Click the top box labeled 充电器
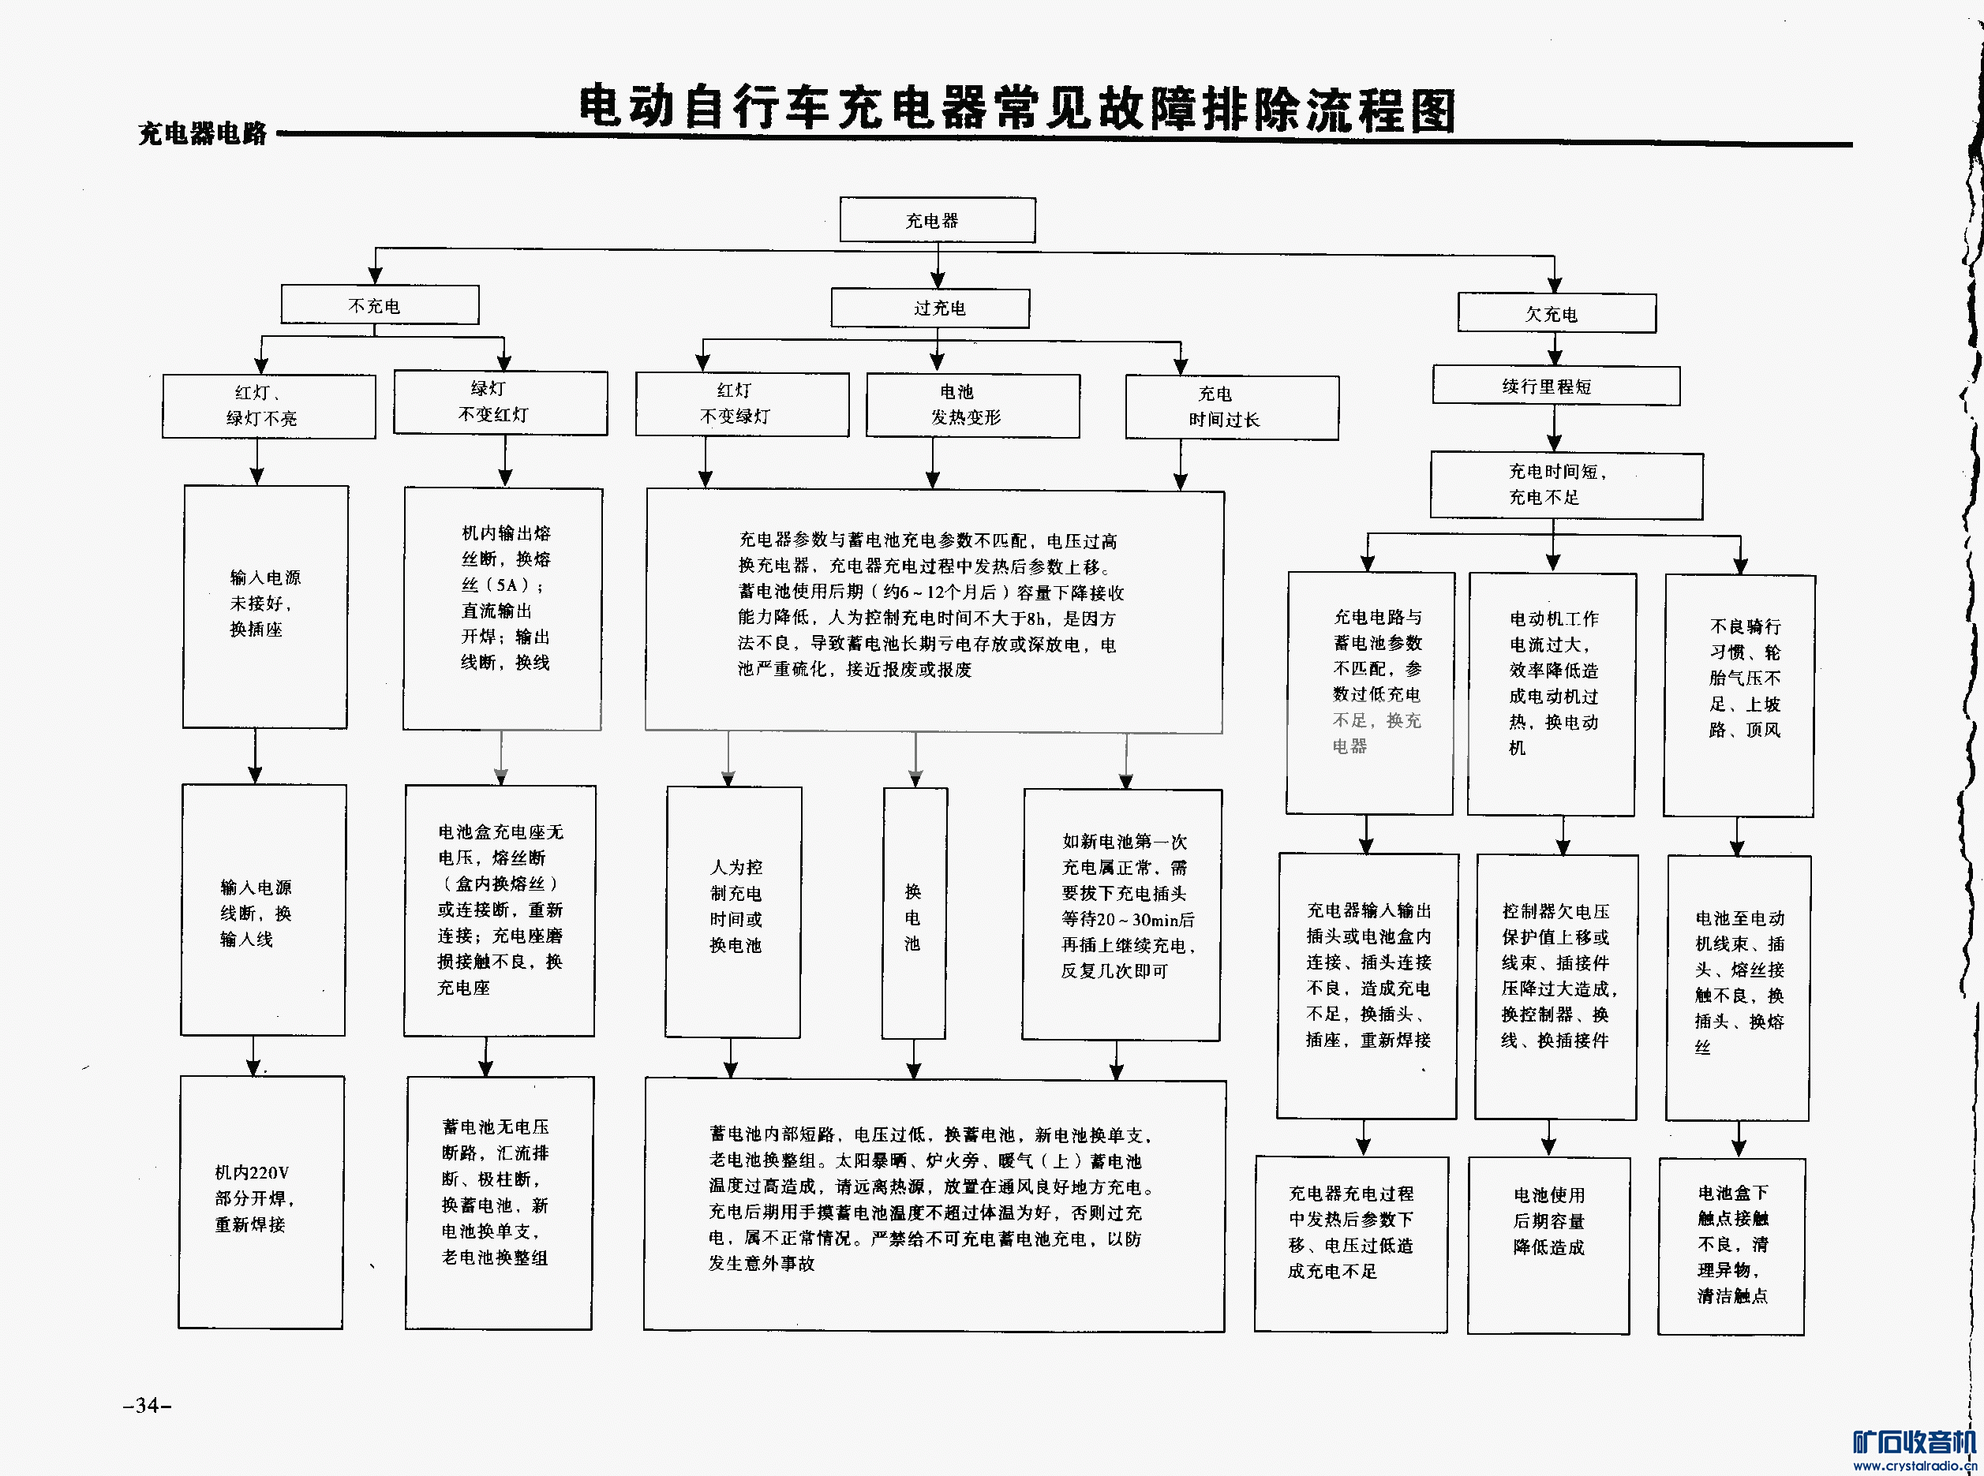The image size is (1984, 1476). (x=937, y=220)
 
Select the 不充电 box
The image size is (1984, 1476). (x=379, y=305)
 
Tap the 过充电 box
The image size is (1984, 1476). (x=930, y=308)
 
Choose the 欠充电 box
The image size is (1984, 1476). (x=1556, y=314)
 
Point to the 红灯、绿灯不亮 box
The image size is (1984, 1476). (x=268, y=405)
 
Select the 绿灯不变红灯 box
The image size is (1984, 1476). (x=500, y=402)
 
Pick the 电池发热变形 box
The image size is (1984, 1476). (x=972, y=405)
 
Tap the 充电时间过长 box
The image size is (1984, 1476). (x=1230, y=406)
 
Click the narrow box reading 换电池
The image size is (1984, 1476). (x=913, y=913)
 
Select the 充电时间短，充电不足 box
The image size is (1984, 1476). (x=1566, y=484)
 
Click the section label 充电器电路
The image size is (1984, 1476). (x=203, y=134)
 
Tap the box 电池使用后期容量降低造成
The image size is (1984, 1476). (x=1549, y=1245)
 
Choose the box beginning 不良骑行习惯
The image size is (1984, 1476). (x=1739, y=695)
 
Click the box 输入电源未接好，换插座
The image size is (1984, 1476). (x=265, y=606)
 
